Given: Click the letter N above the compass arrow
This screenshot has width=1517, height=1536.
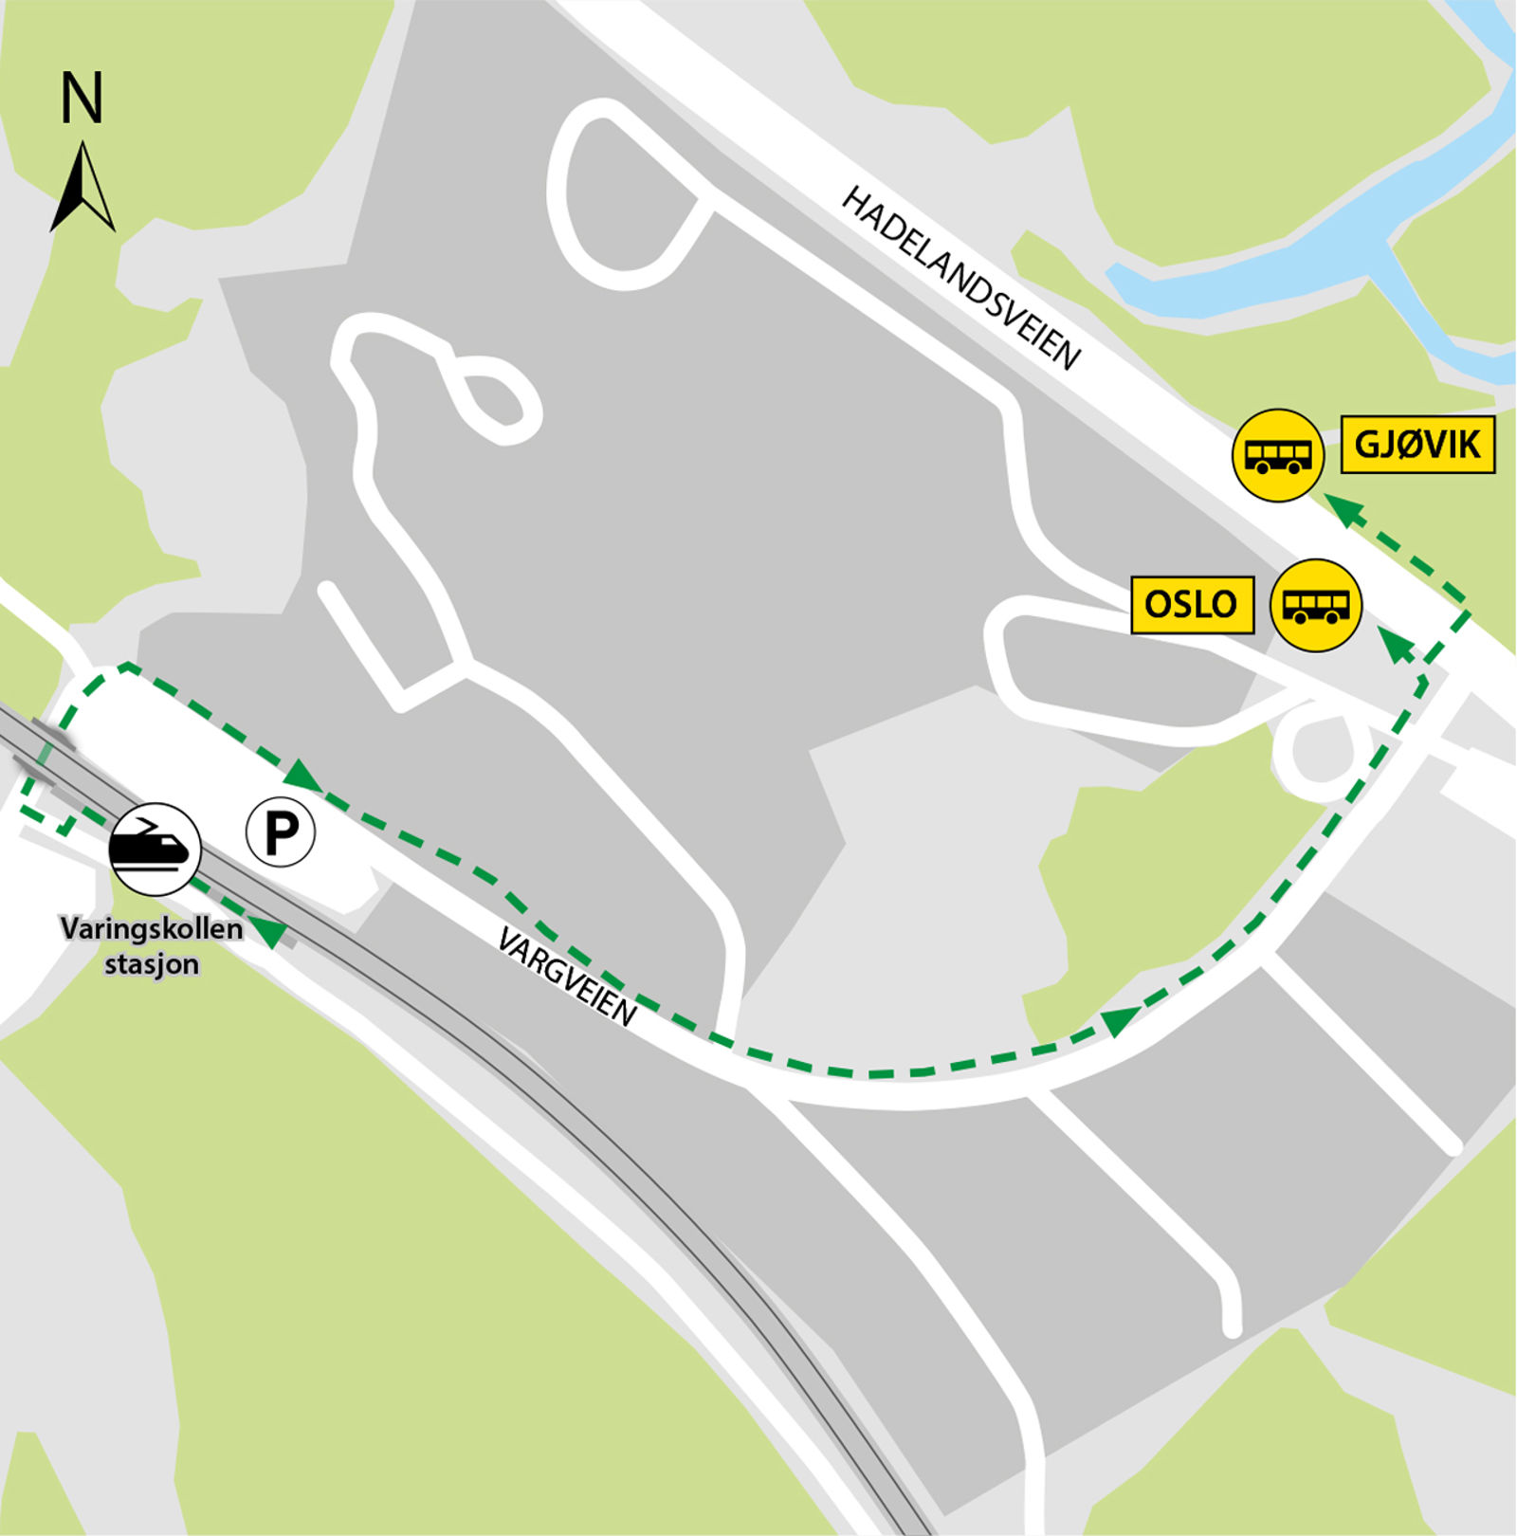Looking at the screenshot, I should point(82,99).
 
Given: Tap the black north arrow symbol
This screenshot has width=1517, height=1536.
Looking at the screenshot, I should point(82,190).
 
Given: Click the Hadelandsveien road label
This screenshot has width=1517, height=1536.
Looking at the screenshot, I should point(960,278).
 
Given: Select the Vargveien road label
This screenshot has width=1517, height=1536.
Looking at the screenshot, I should point(567,977).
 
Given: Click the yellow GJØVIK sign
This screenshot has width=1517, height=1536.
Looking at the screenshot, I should point(1417,444).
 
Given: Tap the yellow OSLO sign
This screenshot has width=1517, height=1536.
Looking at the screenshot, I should point(1192,604).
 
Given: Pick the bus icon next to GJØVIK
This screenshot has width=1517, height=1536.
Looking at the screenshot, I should point(1277,455).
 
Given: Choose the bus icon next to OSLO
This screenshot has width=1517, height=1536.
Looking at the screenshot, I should point(1315,605).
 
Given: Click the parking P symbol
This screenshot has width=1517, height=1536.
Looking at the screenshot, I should point(281,832).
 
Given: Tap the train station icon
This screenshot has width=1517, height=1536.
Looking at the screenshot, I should point(155,849).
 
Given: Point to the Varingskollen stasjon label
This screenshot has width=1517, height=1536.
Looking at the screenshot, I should point(152,944).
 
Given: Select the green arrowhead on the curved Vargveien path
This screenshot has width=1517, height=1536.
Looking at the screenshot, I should point(1119,1021).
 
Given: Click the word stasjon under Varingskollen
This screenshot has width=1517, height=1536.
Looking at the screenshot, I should point(152,964).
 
